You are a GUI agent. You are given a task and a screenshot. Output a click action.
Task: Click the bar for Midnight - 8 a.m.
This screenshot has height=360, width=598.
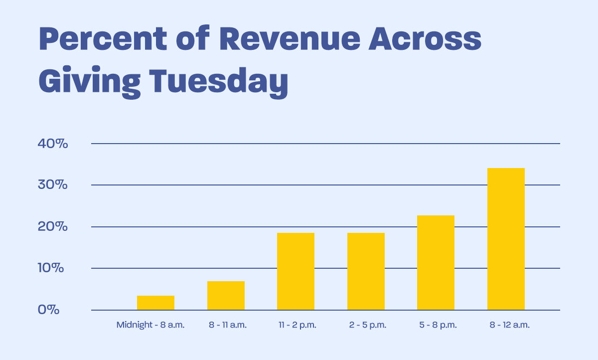[x=155, y=303]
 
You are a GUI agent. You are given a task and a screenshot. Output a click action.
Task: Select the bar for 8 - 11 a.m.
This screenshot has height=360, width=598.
[x=226, y=296]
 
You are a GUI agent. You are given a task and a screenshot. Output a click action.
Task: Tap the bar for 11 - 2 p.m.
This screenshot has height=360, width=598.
[x=296, y=271]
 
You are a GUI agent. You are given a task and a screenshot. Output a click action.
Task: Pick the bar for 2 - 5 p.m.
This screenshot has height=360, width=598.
[x=366, y=271]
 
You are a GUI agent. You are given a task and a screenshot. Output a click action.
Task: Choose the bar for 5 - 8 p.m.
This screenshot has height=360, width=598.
[x=436, y=263]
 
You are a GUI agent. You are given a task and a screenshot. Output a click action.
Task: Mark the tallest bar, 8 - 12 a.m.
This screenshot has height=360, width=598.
[x=506, y=239]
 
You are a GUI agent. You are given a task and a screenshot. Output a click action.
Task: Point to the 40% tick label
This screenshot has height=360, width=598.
[x=52, y=144]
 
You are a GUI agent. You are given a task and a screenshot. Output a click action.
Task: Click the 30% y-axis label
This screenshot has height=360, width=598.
[x=52, y=185]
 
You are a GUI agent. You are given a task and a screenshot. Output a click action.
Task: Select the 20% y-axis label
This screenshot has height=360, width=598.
[x=52, y=227]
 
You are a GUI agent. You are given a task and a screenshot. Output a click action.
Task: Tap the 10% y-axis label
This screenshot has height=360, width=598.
[x=52, y=268]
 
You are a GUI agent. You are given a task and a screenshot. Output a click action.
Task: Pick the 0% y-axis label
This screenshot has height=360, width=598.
[x=48, y=310]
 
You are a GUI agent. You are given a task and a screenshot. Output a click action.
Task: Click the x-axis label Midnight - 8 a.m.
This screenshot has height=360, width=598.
[x=150, y=325]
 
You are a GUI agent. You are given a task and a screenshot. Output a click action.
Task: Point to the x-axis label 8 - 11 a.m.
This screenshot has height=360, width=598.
[x=228, y=325]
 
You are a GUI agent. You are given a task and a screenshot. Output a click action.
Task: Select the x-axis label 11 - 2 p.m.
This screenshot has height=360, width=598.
[x=298, y=325]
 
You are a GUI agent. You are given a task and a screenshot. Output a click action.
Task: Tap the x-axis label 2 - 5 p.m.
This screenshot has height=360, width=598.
[x=368, y=325]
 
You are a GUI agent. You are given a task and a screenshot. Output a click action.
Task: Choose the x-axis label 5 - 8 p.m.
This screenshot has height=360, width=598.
[x=438, y=325]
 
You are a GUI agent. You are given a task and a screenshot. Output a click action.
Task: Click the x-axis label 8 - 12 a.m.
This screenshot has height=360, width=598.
[x=508, y=325]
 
